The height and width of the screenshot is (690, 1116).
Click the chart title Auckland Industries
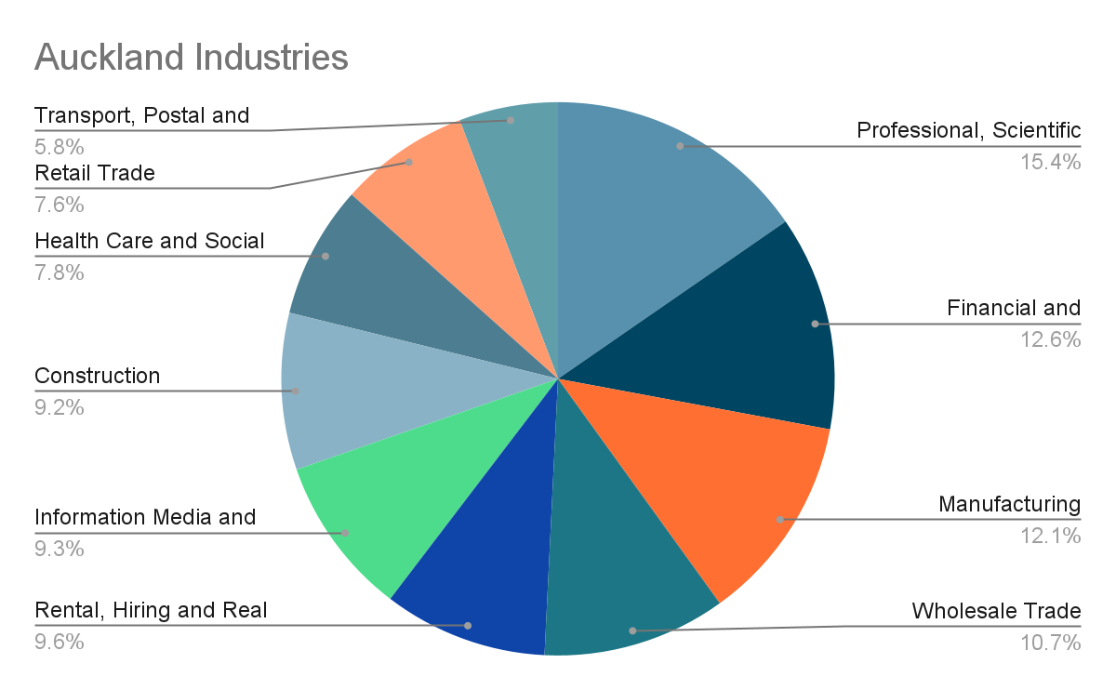coord(191,58)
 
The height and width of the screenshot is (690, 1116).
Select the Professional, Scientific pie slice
coord(651,205)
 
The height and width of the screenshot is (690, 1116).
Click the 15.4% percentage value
coord(1050,162)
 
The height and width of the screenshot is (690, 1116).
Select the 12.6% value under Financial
coord(1050,339)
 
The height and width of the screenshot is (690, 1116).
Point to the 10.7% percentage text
coord(1050,643)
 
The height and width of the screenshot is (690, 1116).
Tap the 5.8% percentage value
coord(60,146)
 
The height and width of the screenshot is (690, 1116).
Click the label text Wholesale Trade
coord(996,612)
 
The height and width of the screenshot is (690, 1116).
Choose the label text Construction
coord(98,376)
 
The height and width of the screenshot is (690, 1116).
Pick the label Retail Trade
coord(95,172)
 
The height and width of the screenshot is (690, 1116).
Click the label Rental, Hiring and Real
coord(151,611)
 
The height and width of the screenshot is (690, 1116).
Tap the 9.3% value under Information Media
coord(60,548)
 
